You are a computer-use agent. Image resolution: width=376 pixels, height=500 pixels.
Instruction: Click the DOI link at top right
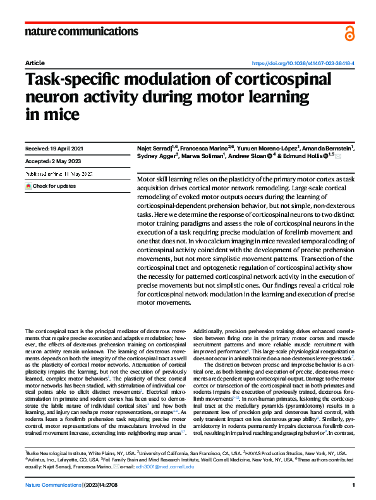(x=303, y=64)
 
